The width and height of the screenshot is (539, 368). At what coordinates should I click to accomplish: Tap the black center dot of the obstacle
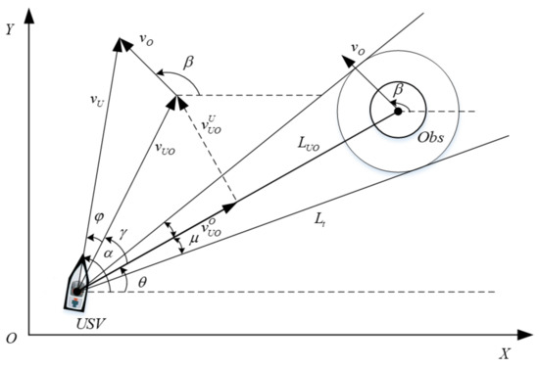tap(398, 112)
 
